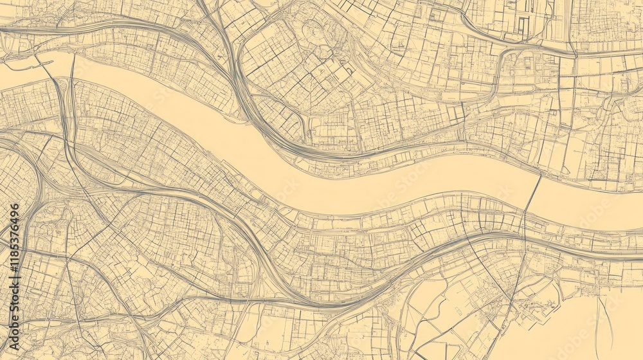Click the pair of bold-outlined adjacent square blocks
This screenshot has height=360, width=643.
pos(456,114)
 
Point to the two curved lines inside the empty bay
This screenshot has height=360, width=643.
pos(604,321)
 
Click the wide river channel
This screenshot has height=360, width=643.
pos(321,174)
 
